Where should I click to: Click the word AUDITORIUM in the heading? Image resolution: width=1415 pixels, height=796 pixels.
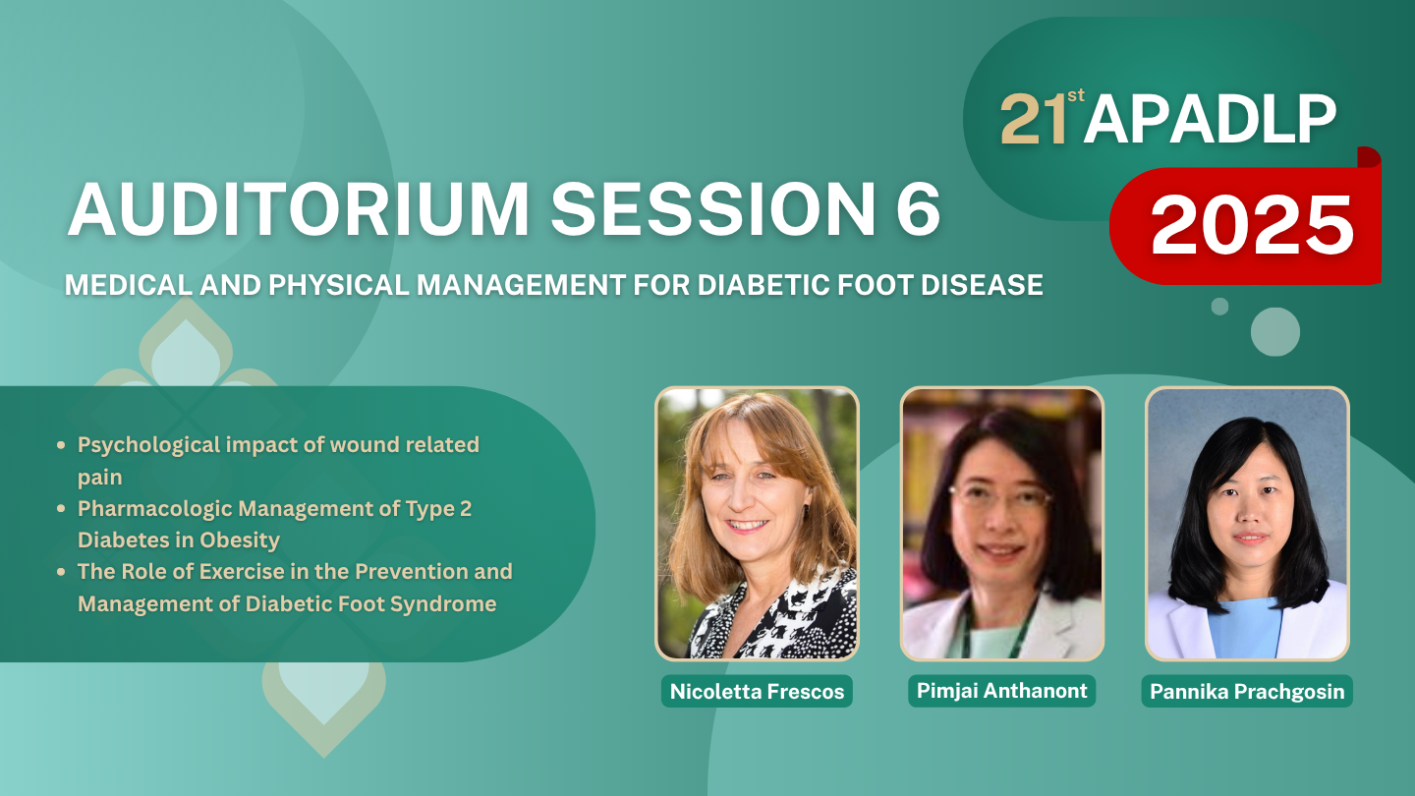click(x=298, y=209)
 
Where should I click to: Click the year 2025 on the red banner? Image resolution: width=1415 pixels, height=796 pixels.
click(x=1252, y=224)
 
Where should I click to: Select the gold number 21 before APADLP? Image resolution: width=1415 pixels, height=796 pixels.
click(x=1034, y=120)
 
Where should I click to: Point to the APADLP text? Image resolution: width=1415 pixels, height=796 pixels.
click(x=1210, y=120)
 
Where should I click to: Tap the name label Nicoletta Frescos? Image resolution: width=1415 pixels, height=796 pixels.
click(x=757, y=691)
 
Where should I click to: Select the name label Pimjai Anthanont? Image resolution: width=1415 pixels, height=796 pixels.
click(x=1002, y=691)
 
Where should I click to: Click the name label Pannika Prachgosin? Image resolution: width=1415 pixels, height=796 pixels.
click(x=1247, y=691)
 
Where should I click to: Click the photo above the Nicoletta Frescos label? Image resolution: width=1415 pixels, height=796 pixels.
click(x=757, y=524)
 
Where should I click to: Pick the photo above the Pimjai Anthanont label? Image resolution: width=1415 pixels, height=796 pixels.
click(x=1002, y=524)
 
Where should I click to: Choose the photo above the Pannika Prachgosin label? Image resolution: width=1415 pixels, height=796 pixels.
click(x=1247, y=524)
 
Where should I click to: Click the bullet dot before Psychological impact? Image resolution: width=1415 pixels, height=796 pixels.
click(x=61, y=445)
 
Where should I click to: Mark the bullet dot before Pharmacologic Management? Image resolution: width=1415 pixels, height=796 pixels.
click(x=61, y=509)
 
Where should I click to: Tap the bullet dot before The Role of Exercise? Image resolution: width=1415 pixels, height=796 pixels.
click(x=61, y=572)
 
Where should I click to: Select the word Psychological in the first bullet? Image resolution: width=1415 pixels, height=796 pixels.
click(x=149, y=445)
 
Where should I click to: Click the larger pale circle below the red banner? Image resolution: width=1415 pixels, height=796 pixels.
click(x=1275, y=332)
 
